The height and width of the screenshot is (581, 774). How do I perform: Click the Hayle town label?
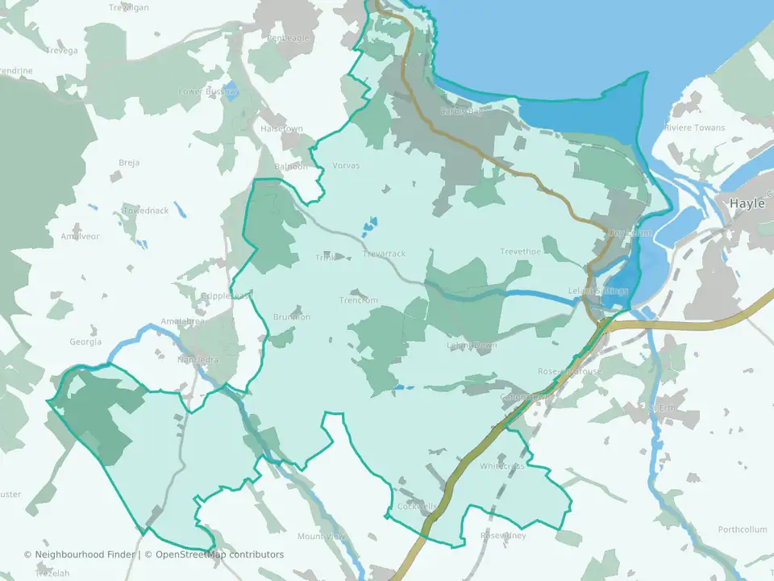point(747,203)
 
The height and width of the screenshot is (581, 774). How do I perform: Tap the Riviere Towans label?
point(694,127)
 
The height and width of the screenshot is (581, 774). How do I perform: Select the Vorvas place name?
point(346,165)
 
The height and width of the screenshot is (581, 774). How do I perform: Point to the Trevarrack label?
point(385,253)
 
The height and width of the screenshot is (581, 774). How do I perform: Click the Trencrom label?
point(358,300)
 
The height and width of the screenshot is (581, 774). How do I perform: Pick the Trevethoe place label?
point(519,252)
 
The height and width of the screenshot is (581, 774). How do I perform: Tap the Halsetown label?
point(281,129)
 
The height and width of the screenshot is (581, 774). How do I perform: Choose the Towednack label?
point(145,211)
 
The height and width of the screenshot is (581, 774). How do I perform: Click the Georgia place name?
point(85,342)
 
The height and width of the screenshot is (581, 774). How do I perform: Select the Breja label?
point(129,162)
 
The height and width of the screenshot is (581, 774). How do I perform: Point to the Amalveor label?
point(80,236)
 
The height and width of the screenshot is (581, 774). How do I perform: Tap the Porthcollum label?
point(743,529)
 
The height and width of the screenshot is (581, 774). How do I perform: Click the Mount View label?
point(321,537)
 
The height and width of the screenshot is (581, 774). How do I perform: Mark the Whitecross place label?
point(502,466)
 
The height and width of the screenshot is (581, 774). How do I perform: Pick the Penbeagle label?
point(288,38)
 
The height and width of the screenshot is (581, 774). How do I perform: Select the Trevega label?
point(62,51)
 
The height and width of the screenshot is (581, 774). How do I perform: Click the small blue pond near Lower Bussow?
point(231,90)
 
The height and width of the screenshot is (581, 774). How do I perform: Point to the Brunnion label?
point(292,316)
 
